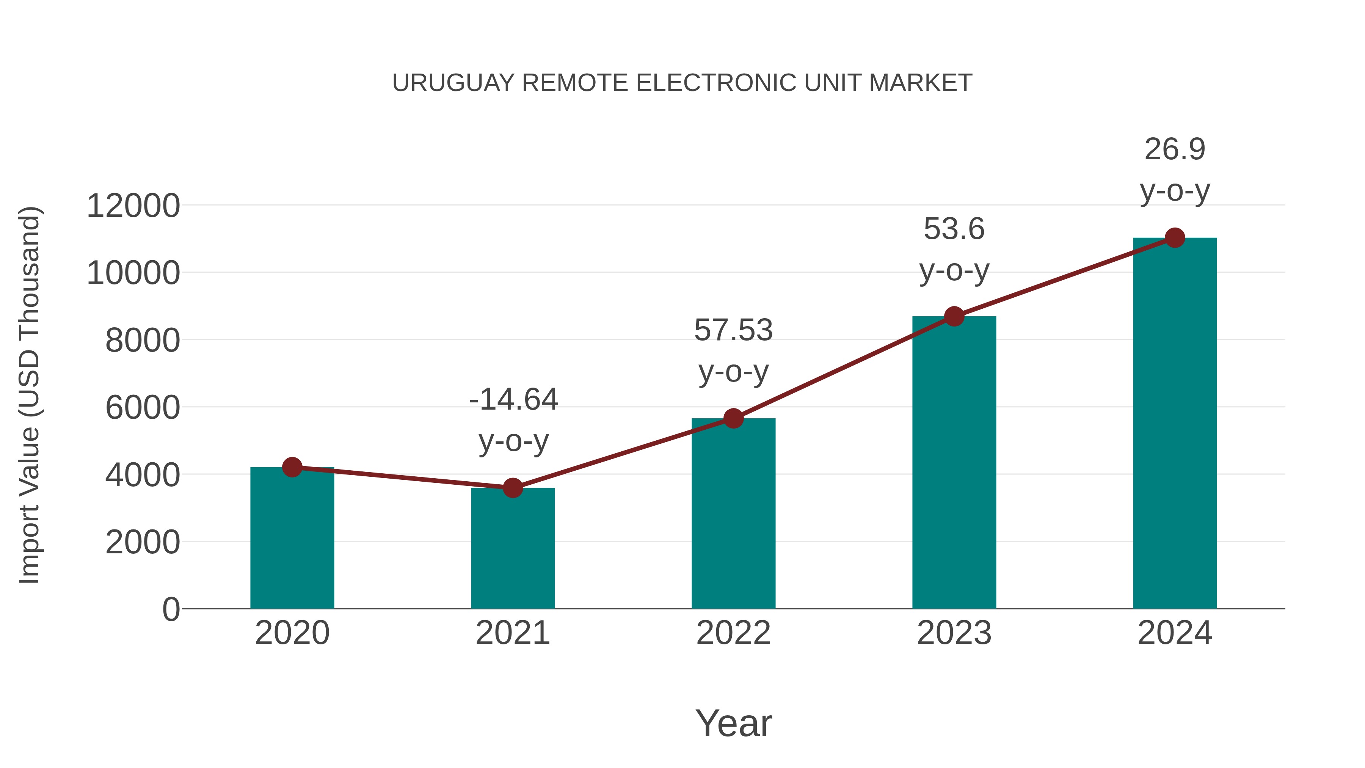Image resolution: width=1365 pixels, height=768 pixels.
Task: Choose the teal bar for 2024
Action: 1175,424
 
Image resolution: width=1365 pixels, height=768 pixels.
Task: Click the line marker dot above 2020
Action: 292,467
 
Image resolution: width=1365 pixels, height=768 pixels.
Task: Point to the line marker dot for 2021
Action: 512,488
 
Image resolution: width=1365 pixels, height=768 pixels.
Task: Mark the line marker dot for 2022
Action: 733,419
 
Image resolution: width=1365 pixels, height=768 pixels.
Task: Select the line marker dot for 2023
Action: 954,316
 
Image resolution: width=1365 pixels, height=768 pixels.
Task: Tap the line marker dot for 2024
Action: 1175,238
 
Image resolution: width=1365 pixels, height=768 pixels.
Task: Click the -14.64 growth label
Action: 513,400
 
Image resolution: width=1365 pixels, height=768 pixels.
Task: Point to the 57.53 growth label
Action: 733,330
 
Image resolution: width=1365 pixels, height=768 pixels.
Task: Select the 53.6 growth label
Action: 954,229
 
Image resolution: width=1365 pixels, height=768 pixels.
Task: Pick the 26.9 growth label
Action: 1175,149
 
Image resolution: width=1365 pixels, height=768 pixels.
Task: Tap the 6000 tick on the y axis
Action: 143,408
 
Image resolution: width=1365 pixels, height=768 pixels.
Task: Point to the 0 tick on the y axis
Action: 171,609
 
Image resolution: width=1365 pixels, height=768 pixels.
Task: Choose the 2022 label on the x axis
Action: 733,633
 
